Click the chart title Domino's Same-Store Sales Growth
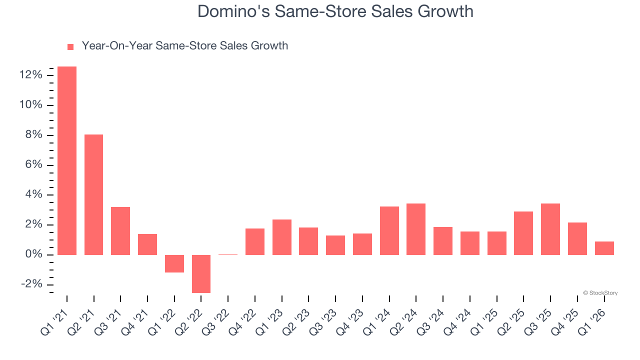[335, 11]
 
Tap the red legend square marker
[70, 46]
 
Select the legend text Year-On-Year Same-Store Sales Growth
[184, 46]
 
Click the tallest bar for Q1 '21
[67, 160]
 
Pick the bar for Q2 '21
[94, 194]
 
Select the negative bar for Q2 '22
[201, 273]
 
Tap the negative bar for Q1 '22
[174, 263]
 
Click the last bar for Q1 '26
[604, 248]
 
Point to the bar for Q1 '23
[282, 237]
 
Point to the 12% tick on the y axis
[31, 75]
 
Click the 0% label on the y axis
[33, 254]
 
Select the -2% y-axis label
[31, 284]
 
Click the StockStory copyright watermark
[600, 293]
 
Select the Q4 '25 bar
[577, 238]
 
